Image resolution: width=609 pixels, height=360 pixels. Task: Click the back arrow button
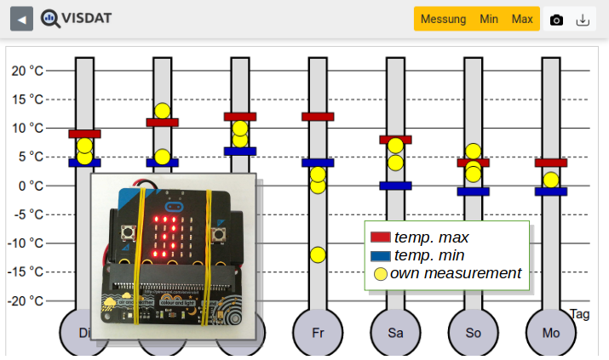[22, 19]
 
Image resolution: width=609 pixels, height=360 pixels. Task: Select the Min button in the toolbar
[489, 19]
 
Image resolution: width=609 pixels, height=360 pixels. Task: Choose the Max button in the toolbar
[522, 19]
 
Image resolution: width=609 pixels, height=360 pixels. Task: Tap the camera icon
[556, 20]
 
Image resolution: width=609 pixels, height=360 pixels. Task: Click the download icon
[583, 20]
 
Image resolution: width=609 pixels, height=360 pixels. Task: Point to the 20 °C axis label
[27, 71]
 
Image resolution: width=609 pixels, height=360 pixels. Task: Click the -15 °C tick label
[26, 271]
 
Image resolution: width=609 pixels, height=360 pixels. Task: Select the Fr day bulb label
[318, 333]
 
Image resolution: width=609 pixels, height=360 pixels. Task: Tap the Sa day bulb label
[395, 333]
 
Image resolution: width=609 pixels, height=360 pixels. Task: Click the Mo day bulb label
[551, 333]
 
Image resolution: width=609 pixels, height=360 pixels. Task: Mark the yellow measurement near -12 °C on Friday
[318, 254]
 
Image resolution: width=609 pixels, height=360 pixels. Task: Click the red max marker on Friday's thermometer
[318, 117]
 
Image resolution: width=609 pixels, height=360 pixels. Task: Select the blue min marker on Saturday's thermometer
[395, 186]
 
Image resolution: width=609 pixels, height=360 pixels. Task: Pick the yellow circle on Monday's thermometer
[551, 180]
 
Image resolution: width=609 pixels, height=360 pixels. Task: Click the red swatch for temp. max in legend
[381, 237]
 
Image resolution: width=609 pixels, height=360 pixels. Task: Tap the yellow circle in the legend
[381, 274]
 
